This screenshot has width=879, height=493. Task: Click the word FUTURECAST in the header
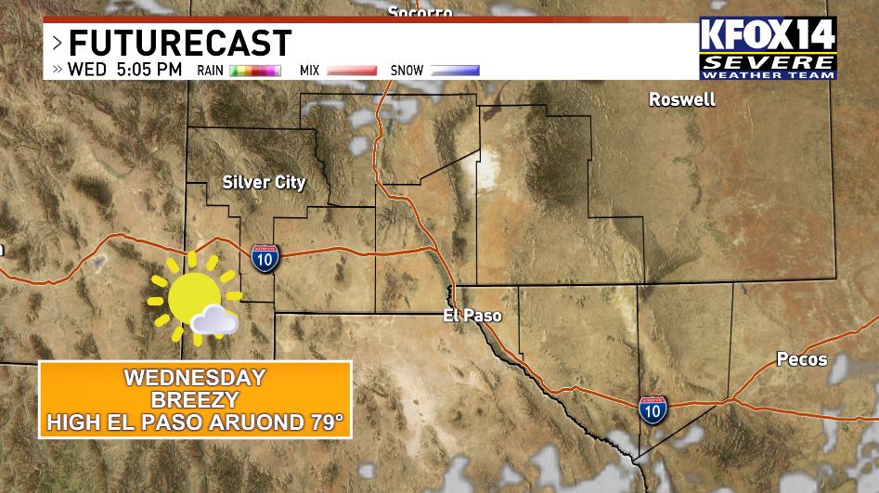click(x=180, y=43)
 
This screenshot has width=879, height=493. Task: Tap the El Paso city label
click(x=472, y=316)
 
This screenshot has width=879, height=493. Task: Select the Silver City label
click(x=264, y=182)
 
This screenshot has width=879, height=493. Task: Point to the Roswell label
click(x=682, y=99)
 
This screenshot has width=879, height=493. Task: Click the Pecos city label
click(x=802, y=359)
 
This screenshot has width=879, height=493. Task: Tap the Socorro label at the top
click(x=420, y=12)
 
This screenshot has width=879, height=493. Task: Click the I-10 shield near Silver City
click(x=265, y=257)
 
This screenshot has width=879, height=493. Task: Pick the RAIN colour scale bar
click(x=255, y=71)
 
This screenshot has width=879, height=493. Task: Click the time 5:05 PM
click(x=149, y=70)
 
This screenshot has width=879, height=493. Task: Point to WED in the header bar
click(x=86, y=70)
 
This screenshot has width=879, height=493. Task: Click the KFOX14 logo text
click(x=768, y=35)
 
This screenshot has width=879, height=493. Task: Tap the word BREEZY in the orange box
click(x=195, y=400)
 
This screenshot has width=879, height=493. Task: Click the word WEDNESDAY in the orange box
click(x=195, y=378)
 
